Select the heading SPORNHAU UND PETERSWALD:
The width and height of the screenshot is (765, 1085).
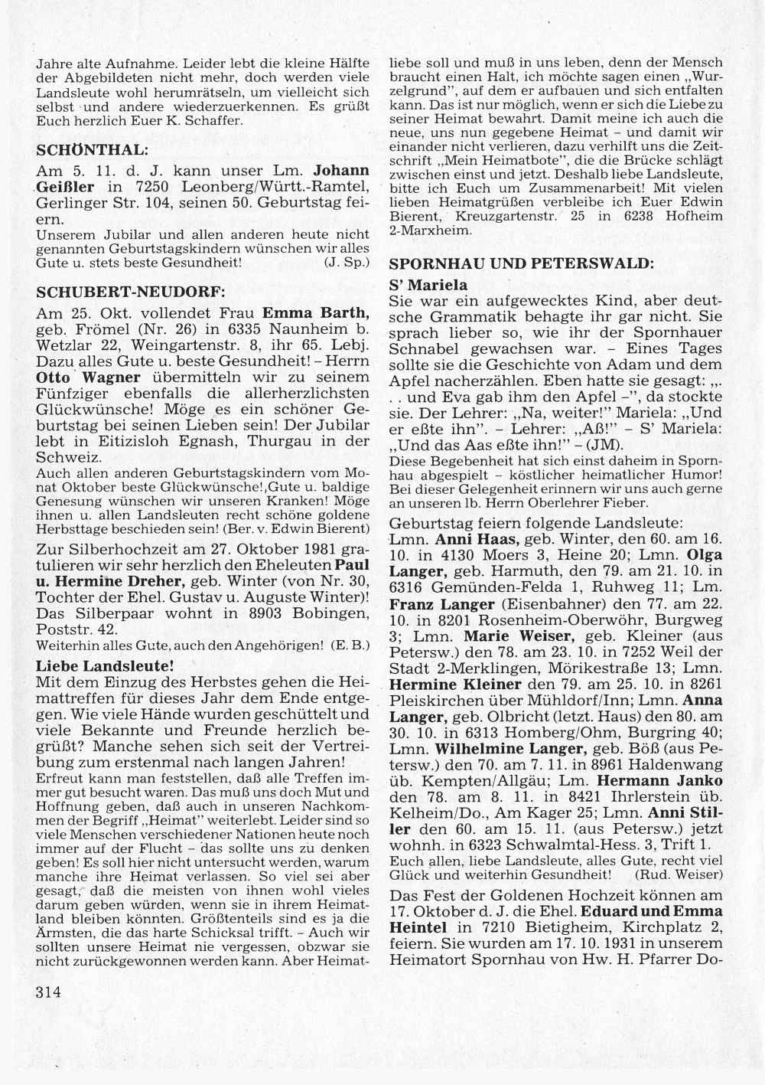point(522,263)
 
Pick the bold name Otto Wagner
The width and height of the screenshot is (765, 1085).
point(88,377)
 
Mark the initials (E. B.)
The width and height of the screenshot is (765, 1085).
point(352,645)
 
